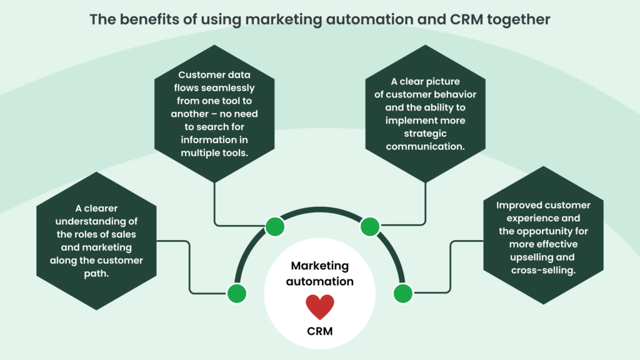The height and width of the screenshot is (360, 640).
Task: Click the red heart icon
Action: coord(320,307)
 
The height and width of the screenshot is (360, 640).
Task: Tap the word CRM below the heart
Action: coord(320,332)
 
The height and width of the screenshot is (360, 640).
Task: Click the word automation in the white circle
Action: coord(320,282)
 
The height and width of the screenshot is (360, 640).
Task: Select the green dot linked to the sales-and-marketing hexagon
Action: coord(236,292)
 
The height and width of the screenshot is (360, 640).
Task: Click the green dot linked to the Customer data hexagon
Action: coord(274,226)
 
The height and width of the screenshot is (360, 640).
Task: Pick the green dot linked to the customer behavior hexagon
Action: coord(370,226)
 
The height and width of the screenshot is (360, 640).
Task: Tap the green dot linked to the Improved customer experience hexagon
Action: coord(403,292)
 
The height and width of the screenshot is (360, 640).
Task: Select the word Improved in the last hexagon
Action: coord(521,205)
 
